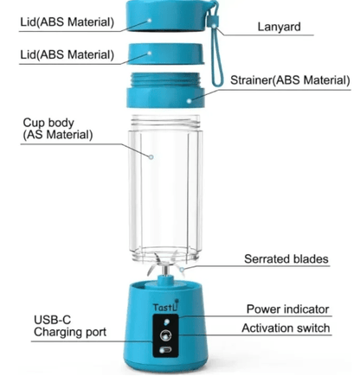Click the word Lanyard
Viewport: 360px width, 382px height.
tap(279, 27)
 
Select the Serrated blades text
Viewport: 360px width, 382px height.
tap(286, 258)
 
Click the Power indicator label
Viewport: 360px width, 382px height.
tap(287, 309)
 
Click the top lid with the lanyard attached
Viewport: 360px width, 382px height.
tap(166, 16)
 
